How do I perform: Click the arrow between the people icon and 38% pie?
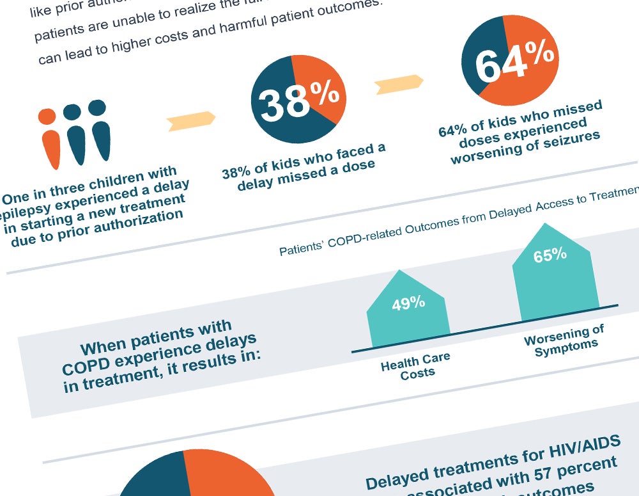190,120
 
